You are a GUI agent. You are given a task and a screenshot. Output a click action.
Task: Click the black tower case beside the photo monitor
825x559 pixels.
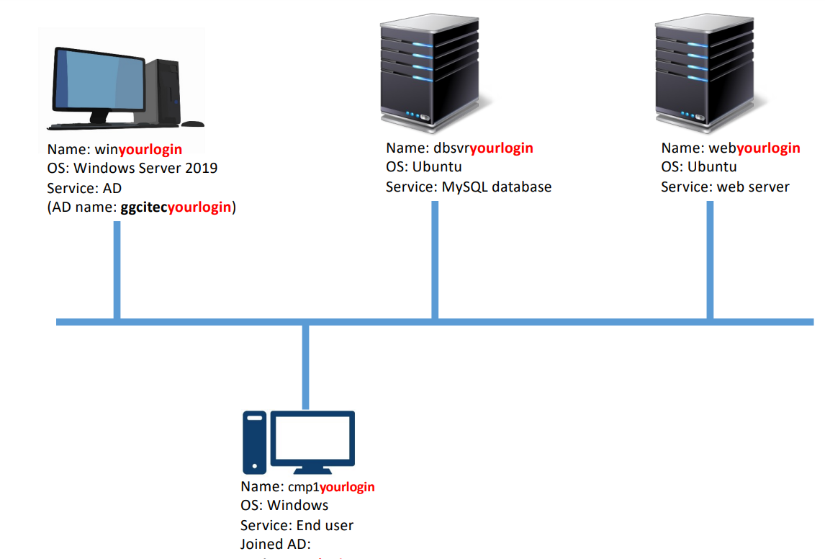coord(163,92)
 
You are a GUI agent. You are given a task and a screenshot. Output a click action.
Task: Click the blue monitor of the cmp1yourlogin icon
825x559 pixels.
coord(316,439)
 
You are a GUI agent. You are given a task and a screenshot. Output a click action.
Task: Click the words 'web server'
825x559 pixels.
coord(753,187)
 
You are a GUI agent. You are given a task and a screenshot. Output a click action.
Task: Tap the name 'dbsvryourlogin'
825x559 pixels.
coord(483,148)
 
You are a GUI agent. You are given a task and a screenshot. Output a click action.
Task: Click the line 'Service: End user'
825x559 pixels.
coord(297,525)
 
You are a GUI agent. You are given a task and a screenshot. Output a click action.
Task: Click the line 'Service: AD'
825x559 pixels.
coord(84,188)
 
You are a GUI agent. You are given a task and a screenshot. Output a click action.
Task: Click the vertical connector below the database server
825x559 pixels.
coord(435,259)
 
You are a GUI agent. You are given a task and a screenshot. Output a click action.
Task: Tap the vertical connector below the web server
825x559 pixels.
coord(710,259)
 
